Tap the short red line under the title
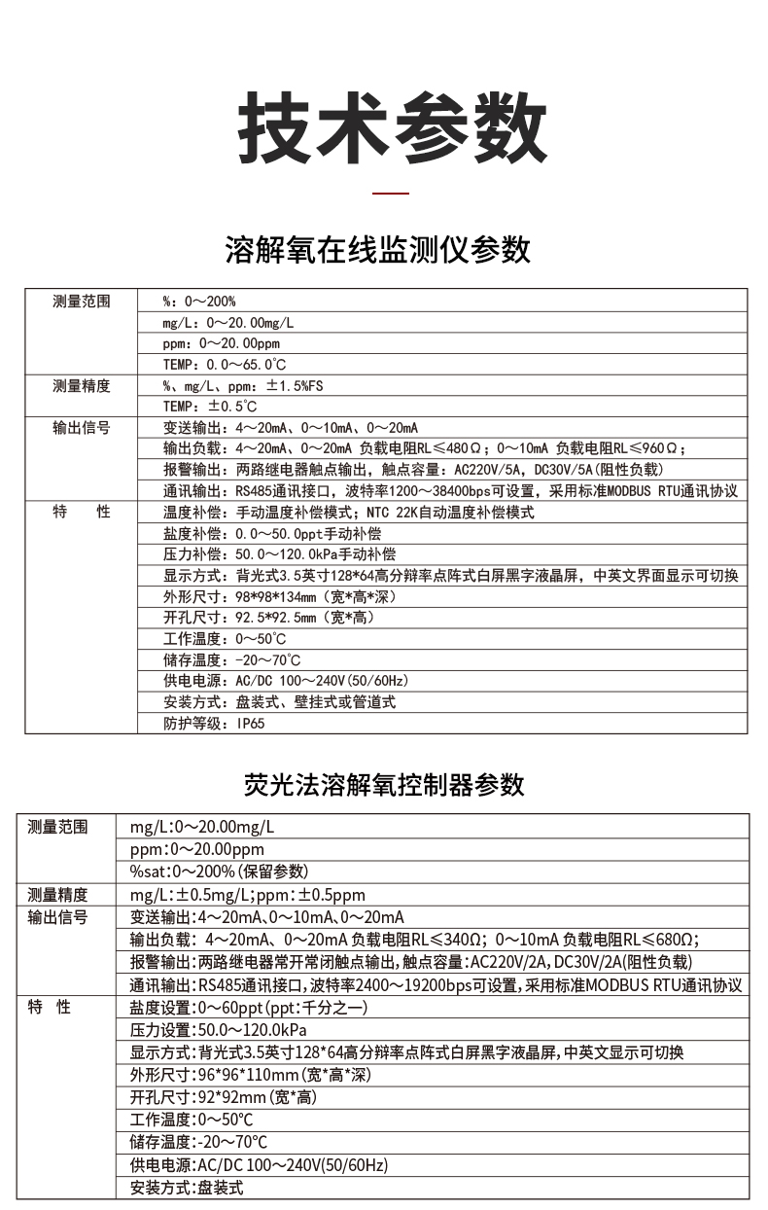click(x=392, y=194)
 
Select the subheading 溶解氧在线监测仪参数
click(x=378, y=250)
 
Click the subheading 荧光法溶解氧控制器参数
click(x=384, y=784)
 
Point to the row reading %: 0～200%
click(x=199, y=302)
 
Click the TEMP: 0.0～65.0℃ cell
click(x=225, y=365)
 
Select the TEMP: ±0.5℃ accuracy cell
click(x=210, y=407)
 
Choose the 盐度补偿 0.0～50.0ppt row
click(x=272, y=533)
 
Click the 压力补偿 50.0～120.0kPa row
click(x=280, y=554)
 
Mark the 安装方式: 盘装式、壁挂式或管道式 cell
click(x=280, y=701)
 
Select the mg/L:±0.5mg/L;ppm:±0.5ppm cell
click(x=247, y=895)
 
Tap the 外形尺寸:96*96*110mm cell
click(x=250, y=1075)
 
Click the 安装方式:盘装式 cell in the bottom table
click(x=186, y=1188)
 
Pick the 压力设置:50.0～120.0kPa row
click(x=218, y=1030)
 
